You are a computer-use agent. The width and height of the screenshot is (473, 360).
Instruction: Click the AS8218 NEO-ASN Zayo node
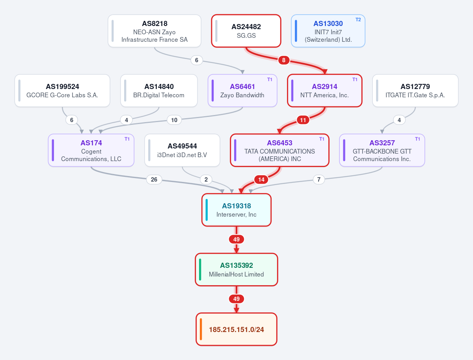point(155,31)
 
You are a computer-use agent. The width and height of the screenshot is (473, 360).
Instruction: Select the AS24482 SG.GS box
point(246,31)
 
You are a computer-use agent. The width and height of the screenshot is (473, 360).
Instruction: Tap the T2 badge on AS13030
point(358,20)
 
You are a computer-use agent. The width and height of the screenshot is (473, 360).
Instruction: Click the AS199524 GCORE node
point(62,91)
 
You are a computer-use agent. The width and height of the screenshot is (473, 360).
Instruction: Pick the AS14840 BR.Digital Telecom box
point(159,91)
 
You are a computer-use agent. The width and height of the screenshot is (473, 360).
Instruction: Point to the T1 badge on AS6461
point(270,80)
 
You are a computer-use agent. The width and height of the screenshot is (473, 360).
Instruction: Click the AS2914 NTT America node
point(324,91)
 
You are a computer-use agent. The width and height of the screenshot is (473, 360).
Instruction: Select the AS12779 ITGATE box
point(415,91)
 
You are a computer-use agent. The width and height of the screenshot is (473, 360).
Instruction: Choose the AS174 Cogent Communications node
point(91,150)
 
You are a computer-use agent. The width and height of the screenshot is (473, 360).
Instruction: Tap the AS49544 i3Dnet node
point(182,150)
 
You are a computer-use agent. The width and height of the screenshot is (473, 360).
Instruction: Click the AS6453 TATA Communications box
point(279,150)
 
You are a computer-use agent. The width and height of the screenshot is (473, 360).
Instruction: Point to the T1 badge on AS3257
point(417,139)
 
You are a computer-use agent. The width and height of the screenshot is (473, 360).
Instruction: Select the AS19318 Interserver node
point(236,210)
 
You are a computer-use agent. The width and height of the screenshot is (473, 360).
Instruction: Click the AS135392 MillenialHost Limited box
point(236,269)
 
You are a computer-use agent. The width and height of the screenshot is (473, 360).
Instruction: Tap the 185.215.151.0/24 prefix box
point(236,329)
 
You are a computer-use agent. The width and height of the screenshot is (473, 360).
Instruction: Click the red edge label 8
point(283,60)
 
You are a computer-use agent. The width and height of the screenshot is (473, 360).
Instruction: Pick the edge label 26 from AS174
point(154,180)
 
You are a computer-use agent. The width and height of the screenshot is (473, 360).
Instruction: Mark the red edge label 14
point(261,180)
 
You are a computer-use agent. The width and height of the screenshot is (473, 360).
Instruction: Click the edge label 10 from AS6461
point(174,120)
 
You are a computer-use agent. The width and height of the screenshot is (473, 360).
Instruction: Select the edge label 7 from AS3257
point(319,180)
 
